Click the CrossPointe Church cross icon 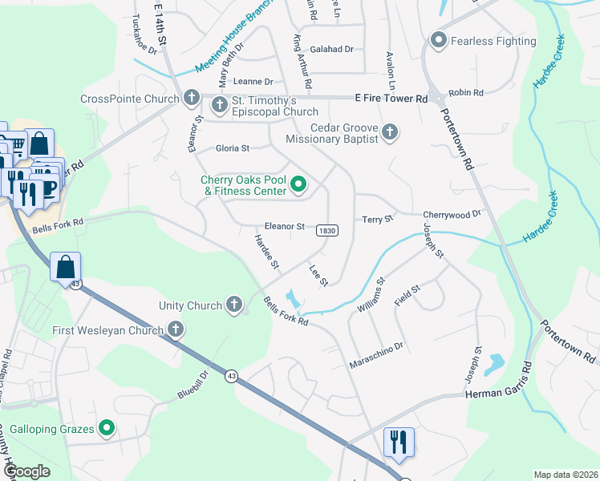coord(191,99)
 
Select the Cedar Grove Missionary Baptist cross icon coord(390,132)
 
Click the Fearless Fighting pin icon coord(438,40)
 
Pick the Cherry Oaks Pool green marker coord(298,186)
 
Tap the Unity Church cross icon coord(234,305)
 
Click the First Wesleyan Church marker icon coord(175,329)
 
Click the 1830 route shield coord(327,230)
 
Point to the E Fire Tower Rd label coord(391,98)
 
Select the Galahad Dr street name coord(331,49)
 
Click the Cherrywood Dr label coord(452,214)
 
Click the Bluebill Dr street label coord(193,386)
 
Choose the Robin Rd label coord(467,93)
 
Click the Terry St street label coord(378,219)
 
